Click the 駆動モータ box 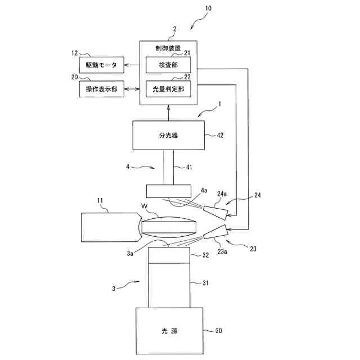(102, 65)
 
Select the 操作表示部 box (102, 89)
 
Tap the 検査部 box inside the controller (168, 65)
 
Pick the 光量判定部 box (168, 88)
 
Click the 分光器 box (168, 135)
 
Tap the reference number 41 (187, 167)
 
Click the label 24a (221, 195)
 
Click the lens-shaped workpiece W (169, 227)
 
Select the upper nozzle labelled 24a (215, 212)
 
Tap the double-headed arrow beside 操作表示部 (132, 89)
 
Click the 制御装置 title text (168, 48)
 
